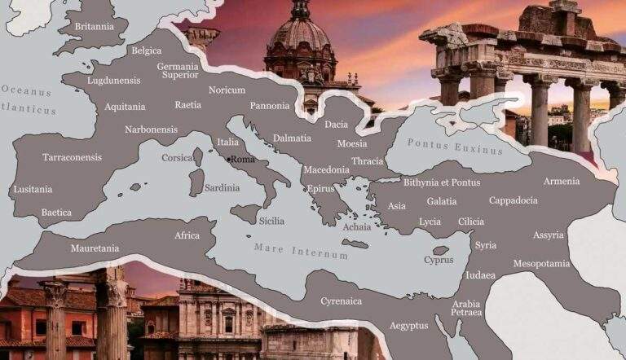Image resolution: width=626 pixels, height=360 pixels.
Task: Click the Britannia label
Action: coord(94,26)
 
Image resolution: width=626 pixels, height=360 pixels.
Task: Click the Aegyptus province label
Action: coord(408,325)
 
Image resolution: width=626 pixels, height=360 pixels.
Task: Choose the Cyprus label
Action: coord(439,260)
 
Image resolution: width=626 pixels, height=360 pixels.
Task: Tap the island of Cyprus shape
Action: coord(440,250)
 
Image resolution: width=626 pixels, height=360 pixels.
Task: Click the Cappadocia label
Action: coord(513,200)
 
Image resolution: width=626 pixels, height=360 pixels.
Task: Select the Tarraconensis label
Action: coord(72,157)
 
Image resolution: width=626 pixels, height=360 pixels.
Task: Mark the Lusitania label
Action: coord(33,190)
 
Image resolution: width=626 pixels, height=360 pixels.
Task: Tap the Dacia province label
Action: coord(336,125)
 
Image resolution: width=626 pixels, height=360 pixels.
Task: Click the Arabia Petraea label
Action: coord(466,308)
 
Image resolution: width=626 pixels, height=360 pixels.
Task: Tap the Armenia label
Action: coord(562,181)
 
